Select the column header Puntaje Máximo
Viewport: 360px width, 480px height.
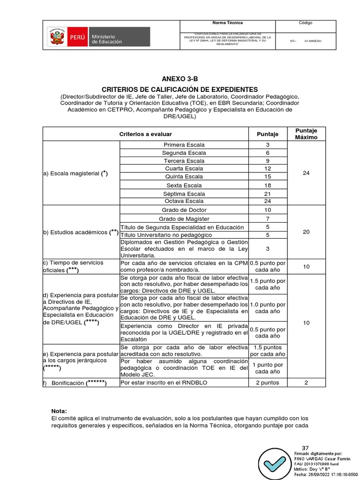tap(306, 134)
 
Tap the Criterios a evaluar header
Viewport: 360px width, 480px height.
tap(145, 134)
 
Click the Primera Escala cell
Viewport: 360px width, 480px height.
tap(183, 145)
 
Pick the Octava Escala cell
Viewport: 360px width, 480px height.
tap(183, 201)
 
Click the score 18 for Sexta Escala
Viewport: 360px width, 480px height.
tap(268, 185)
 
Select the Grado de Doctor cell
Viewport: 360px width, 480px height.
tap(183, 210)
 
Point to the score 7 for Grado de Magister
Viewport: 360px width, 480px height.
tap(268, 219)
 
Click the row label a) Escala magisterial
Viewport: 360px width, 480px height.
tap(75, 173)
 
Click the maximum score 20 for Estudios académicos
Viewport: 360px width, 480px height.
tap(306, 232)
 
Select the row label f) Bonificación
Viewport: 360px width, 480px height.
tap(75, 383)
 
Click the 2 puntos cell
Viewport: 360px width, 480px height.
tap(268, 383)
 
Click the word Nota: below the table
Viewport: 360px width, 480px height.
tap(59, 411)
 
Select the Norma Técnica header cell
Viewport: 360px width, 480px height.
tap(228, 23)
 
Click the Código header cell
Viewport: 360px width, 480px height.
tap(305, 23)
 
